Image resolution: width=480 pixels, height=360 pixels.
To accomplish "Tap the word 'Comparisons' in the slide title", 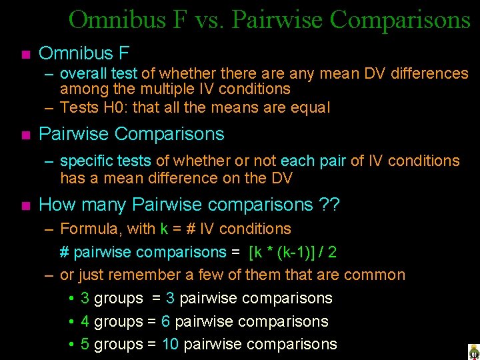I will [400, 20].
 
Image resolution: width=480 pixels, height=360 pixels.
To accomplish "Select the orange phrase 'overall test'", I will [99, 73].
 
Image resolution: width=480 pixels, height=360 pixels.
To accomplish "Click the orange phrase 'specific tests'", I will [105, 161].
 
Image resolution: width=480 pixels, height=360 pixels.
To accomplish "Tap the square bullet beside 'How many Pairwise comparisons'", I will [25, 205].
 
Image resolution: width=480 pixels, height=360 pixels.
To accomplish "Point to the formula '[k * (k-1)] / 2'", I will [292, 252].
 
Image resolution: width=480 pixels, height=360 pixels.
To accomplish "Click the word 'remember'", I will [141, 275].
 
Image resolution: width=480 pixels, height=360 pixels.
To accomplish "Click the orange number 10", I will [170, 344].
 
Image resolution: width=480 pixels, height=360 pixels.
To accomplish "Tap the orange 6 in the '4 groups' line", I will [165, 321].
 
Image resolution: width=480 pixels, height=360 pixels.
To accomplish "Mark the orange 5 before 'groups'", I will [85, 344].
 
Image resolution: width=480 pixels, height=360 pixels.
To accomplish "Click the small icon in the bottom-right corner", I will [473, 351].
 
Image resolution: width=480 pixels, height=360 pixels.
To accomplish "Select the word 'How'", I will [55, 205].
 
